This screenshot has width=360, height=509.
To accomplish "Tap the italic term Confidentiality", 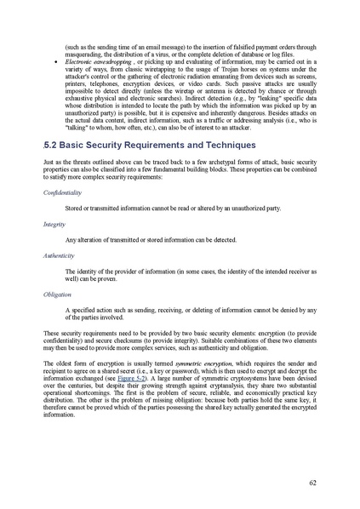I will [66, 193].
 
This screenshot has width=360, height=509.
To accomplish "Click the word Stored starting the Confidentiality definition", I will [75, 209].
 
